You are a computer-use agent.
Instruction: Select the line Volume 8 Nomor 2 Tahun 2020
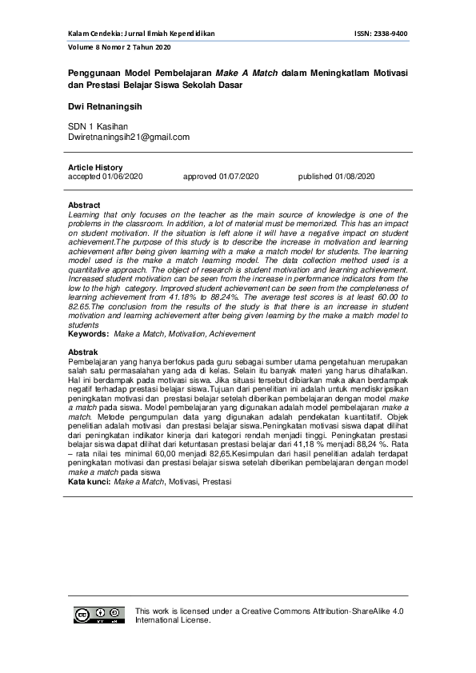click(x=120, y=48)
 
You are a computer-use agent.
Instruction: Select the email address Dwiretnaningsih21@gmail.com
click(x=129, y=137)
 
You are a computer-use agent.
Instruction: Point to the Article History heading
click(x=95, y=167)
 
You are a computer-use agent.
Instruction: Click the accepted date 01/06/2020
click(x=122, y=176)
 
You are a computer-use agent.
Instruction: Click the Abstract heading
click(x=85, y=205)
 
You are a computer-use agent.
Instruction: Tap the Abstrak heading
click(x=83, y=352)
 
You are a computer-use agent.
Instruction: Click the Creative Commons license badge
click(x=100, y=615)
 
